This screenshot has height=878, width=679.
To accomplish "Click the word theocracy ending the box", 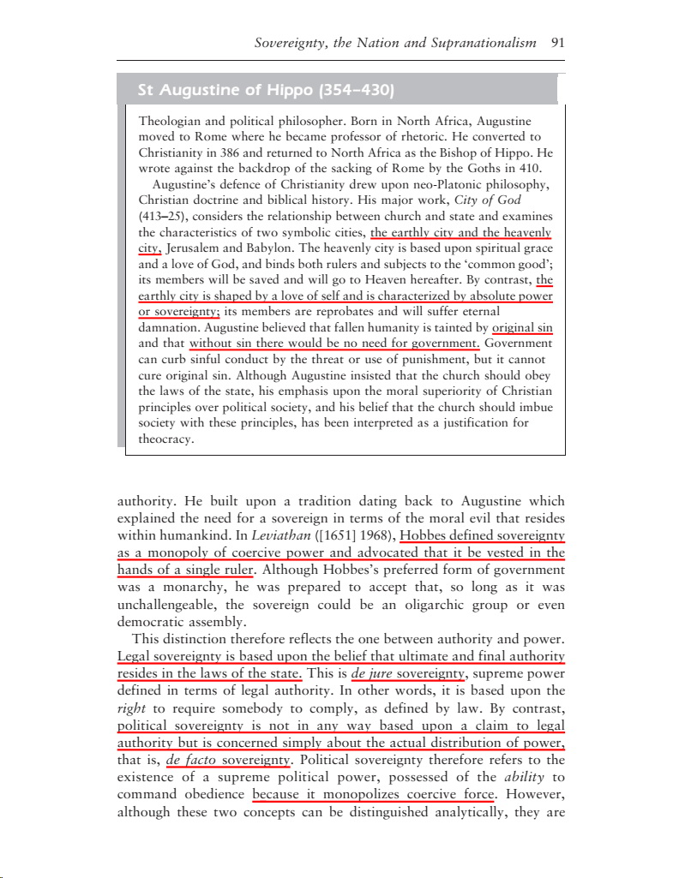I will pyautogui.click(x=166, y=440).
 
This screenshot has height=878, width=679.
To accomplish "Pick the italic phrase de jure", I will pyautogui.click(x=372, y=674).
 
